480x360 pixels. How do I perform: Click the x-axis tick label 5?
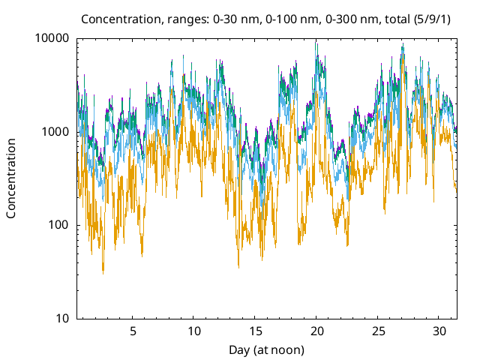[x=133, y=331]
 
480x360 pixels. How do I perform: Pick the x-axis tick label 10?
[x=194, y=331]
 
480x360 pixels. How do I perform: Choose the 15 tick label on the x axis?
[x=256, y=331]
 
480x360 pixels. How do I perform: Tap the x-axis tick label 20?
[x=317, y=331]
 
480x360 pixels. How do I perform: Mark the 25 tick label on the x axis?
[x=379, y=331]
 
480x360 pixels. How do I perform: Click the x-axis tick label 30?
[x=440, y=331]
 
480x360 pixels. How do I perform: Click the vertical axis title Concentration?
[x=11, y=178]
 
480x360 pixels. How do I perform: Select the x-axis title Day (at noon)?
[x=266, y=349]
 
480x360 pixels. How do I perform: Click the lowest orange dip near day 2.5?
[x=103, y=271]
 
